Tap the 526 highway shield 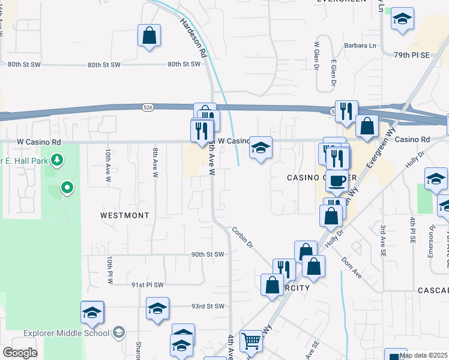(148, 107)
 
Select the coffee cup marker (337, 180)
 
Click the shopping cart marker (252, 341)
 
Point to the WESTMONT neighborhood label (124, 214)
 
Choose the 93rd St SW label (207, 307)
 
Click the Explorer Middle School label (67, 333)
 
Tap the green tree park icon (57, 160)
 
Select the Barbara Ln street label (360, 46)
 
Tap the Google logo (19, 353)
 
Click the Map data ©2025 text (424, 355)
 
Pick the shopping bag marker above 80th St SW (149, 35)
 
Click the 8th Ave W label (155, 163)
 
